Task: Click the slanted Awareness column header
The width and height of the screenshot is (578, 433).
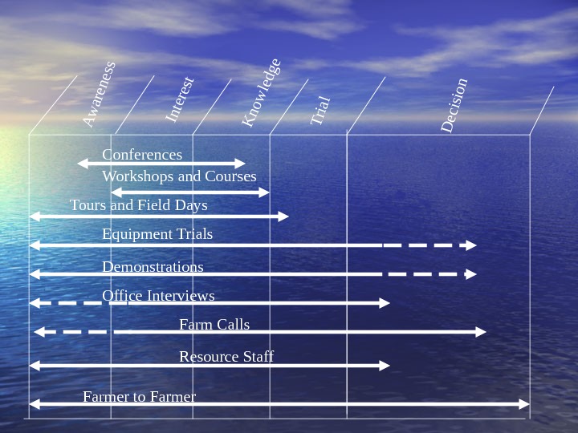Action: click(100, 95)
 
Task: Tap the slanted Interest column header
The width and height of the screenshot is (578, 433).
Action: click(180, 99)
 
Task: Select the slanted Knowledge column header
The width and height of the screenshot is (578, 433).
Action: click(262, 92)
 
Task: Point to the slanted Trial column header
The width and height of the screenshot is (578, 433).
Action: click(320, 111)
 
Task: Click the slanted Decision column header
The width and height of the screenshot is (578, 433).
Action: click(454, 105)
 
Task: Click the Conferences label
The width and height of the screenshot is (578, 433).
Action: click(142, 154)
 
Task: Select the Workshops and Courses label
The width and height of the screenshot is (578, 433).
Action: click(179, 176)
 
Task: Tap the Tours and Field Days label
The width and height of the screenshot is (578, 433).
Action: click(138, 204)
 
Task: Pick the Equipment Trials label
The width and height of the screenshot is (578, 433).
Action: click(157, 233)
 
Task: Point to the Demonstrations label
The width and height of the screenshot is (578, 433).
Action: click(153, 266)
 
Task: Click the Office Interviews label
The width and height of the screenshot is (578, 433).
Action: click(158, 295)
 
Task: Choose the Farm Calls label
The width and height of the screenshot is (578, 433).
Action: click(214, 324)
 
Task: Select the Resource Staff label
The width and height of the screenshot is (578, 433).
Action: click(226, 356)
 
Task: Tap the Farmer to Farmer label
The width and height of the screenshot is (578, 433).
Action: click(139, 396)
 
